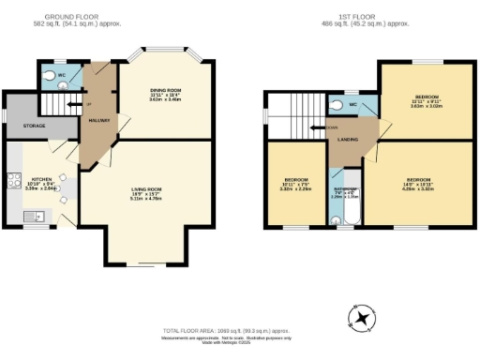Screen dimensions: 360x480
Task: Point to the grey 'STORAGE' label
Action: point(37,124)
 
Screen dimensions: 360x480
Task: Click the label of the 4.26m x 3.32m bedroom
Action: point(418,179)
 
